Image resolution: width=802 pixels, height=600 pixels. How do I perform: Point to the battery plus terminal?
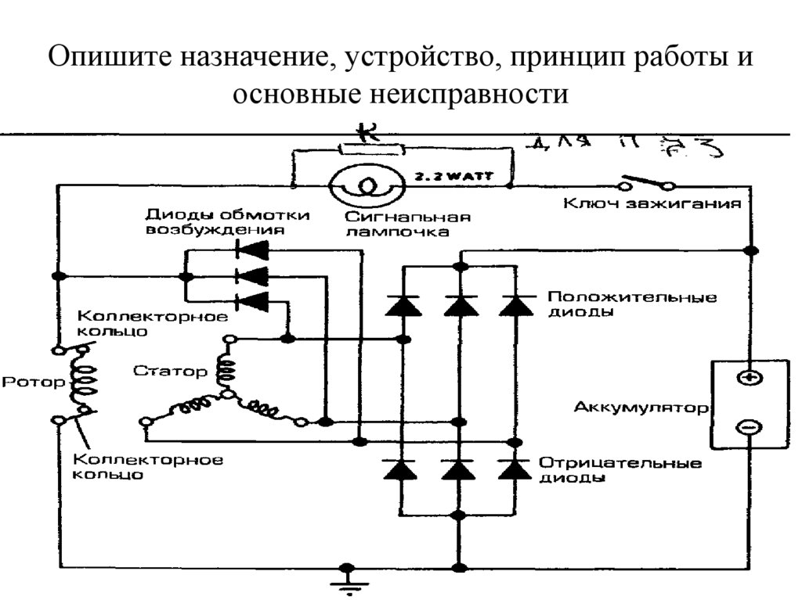[x=749, y=378]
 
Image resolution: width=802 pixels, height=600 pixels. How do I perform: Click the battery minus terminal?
[x=749, y=427]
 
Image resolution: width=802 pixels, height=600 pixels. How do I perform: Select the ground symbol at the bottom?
[x=345, y=584]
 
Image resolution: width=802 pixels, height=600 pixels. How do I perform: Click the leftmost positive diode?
[x=403, y=305]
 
